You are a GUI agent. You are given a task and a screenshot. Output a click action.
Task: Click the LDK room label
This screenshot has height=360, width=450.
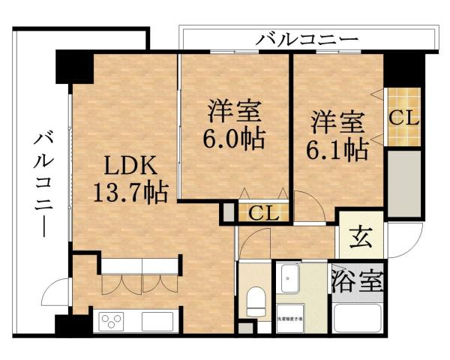129,165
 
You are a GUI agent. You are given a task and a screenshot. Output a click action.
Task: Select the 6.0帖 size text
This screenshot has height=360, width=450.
234,138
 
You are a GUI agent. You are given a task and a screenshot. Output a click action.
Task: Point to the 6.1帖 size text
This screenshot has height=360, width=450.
337,148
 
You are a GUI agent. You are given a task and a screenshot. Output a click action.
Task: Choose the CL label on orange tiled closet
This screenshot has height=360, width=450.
403,118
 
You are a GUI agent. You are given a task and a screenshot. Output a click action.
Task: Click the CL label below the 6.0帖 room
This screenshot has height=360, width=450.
264,213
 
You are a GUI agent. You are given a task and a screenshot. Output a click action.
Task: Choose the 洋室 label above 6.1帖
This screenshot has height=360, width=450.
337,121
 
